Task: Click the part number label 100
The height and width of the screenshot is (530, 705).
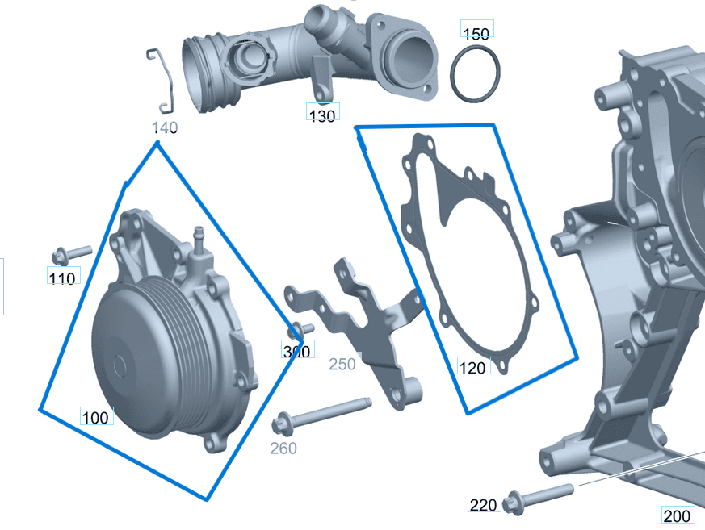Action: pos(96,417)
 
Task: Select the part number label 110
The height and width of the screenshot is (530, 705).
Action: pos(62,278)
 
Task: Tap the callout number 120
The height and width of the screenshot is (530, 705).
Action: pos(473,368)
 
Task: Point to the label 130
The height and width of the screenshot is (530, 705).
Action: pos(322,115)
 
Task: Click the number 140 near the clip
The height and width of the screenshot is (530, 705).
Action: pos(165,127)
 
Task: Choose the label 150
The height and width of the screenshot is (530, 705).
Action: pos(476,33)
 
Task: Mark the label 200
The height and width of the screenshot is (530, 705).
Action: pos(677,515)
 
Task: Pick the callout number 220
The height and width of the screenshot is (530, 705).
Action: pos(484,506)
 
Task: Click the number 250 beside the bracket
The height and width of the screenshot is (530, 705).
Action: pos(342,365)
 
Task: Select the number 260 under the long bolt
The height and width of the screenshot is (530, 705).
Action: pos(283,449)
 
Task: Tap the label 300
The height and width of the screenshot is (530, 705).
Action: pos(296,352)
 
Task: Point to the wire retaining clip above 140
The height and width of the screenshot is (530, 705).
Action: pos(164,81)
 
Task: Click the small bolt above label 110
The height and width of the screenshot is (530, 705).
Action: pos(70,254)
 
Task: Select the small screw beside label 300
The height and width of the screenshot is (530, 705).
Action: pos(300,329)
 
